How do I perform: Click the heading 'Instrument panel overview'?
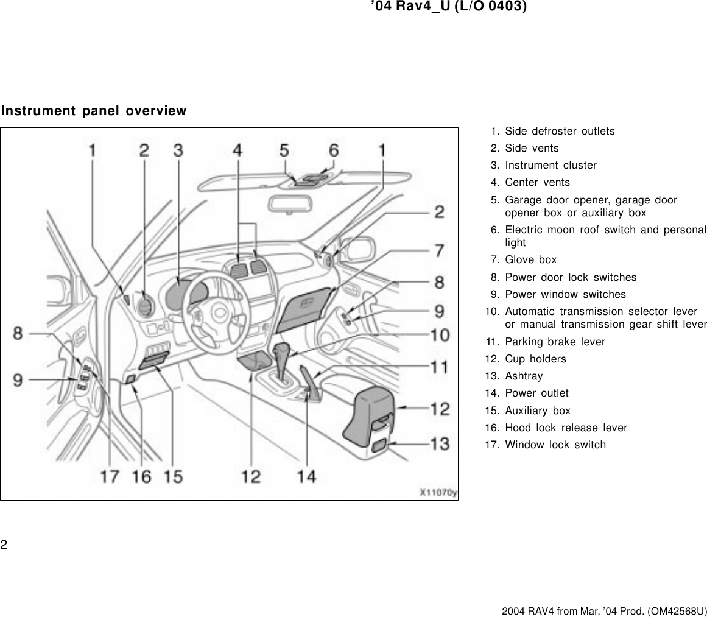coord(94,111)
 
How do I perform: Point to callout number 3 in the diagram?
coord(178,150)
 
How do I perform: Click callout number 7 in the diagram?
coord(438,250)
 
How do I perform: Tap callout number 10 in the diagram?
coord(440,334)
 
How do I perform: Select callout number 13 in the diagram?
coord(440,444)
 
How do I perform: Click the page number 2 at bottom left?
coord(4,544)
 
